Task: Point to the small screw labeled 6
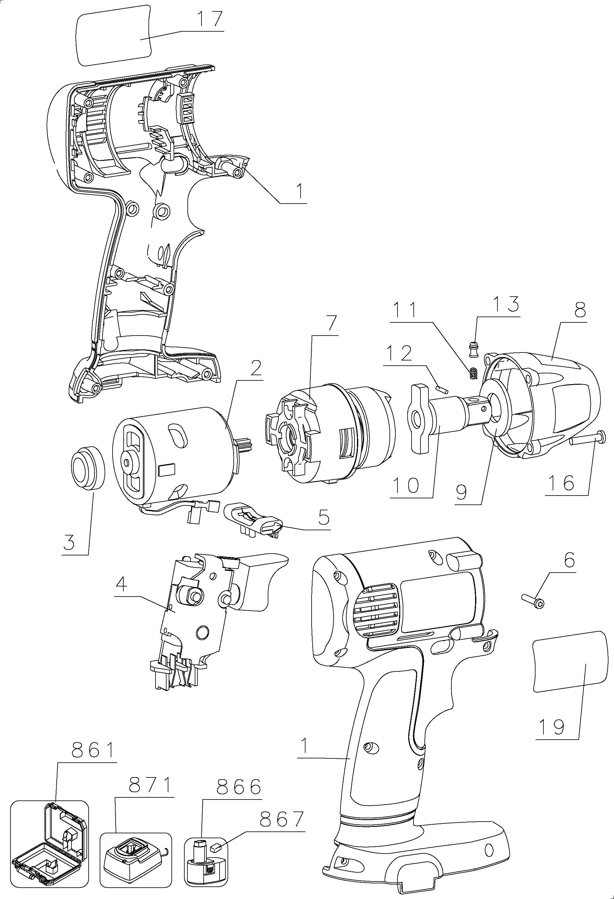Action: click(533, 599)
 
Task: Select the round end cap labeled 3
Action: click(88, 469)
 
